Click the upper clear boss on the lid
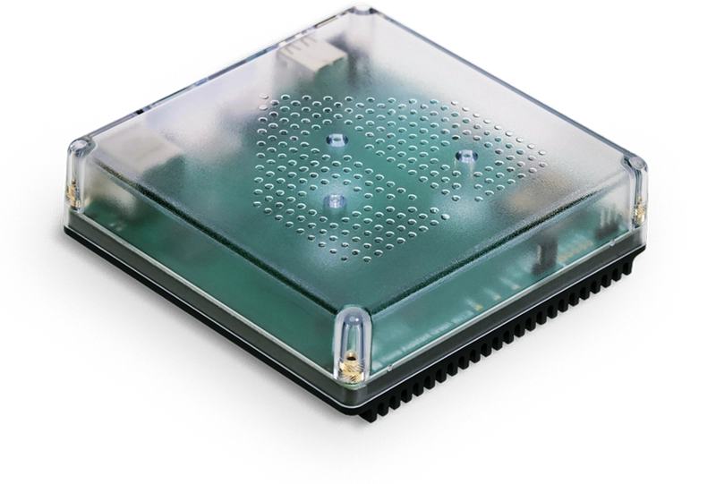pyautogui.click(x=337, y=140)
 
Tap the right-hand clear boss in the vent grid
pyautogui.click(x=465, y=156)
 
